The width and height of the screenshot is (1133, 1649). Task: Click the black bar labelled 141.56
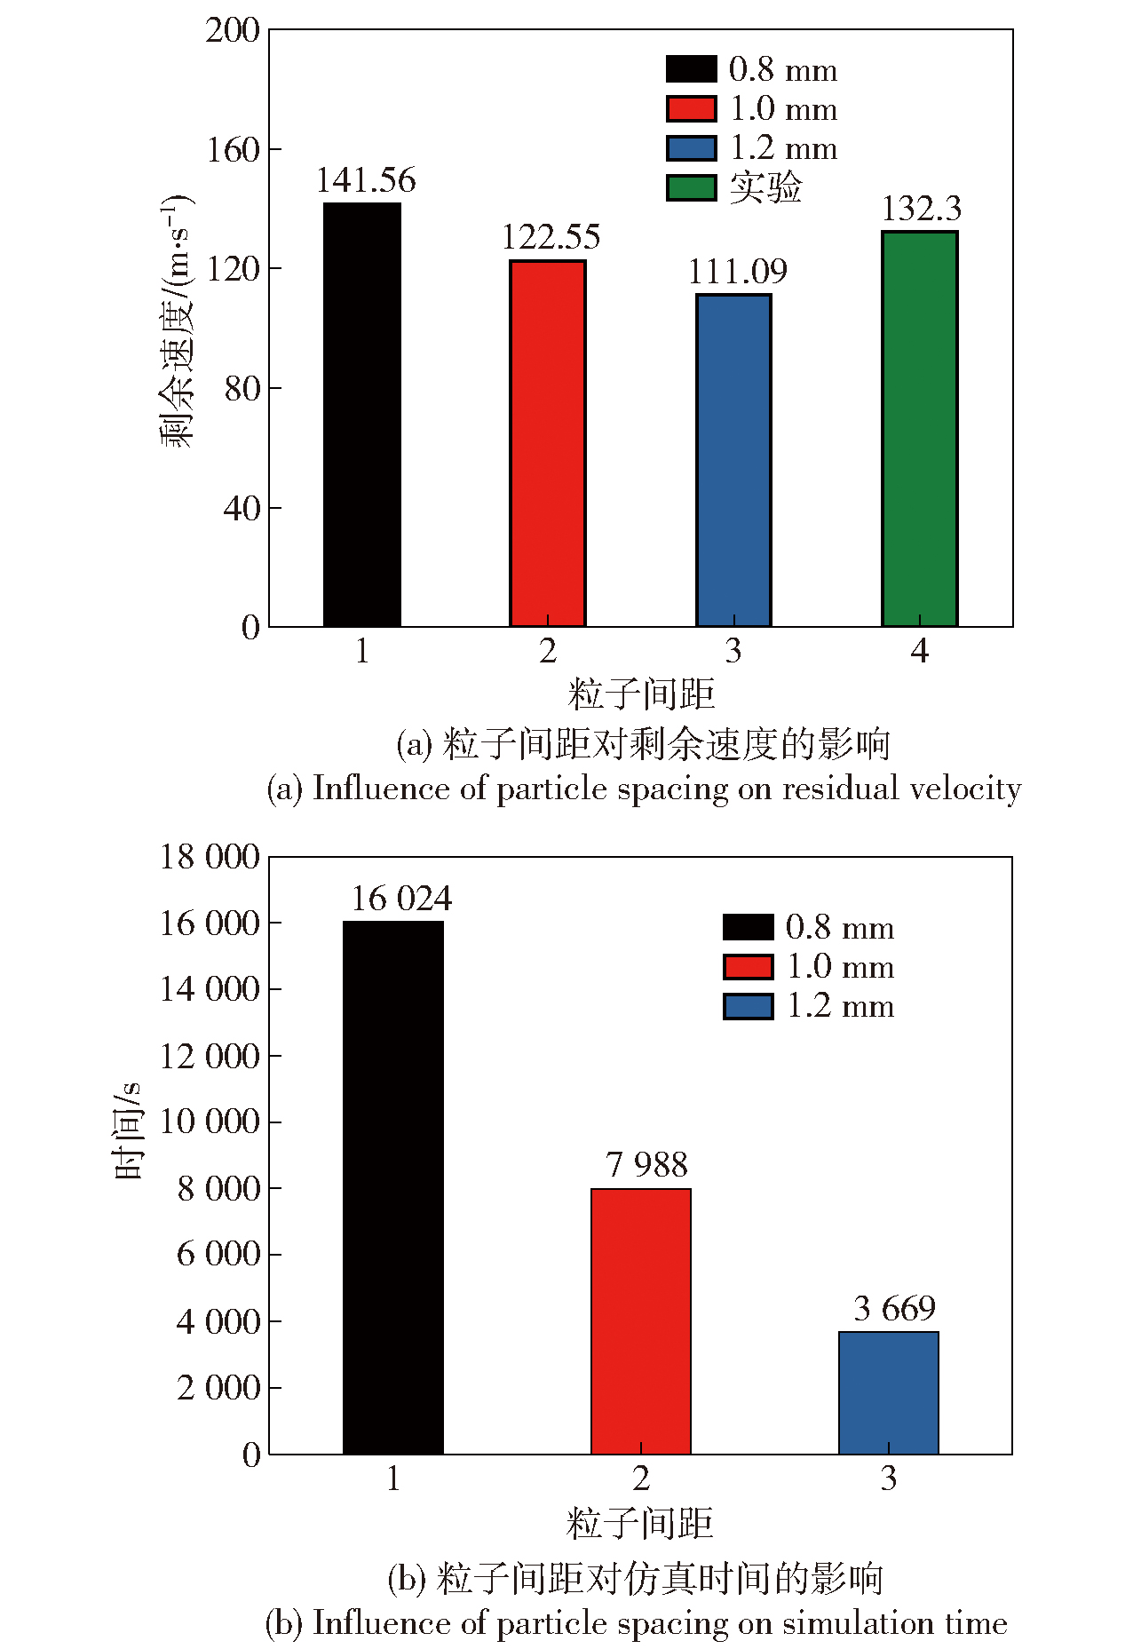[x=361, y=415]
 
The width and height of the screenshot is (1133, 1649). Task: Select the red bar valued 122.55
[x=547, y=443]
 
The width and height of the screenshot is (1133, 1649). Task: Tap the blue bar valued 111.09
[x=733, y=460]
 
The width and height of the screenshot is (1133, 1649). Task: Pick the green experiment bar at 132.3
[x=919, y=429]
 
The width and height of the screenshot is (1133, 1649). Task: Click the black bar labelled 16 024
[x=392, y=1186]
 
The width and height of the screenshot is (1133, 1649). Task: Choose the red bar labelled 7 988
[x=640, y=1320]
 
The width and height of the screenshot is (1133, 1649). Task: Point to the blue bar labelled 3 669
[x=888, y=1392]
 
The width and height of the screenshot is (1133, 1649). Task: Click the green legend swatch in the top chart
[x=691, y=187]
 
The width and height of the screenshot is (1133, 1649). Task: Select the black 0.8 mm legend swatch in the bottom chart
[x=748, y=927]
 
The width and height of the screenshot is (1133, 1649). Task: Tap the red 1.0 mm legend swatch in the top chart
[x=691, y=108]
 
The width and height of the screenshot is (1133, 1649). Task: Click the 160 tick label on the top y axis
[x=233, y=149]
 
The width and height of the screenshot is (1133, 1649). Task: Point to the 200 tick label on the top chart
[x=233, y=30]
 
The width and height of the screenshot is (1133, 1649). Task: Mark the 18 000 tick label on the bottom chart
[x=210, y=857]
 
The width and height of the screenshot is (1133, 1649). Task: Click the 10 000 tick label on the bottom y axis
[x=210, y=1122]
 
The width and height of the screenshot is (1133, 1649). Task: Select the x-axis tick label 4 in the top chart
[x=919, y=651]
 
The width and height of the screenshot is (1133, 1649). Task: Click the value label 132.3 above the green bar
[x=921, y=209]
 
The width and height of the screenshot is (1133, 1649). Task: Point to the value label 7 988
[x=646, y=1164]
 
